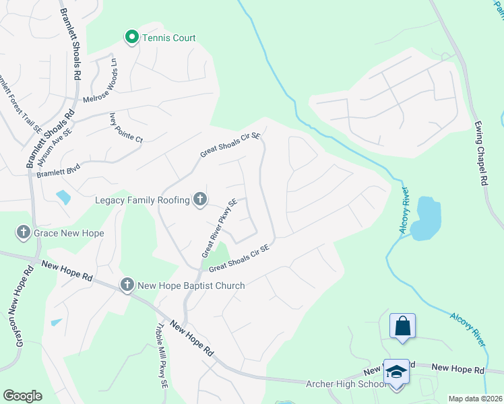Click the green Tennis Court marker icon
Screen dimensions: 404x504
coord(132,37)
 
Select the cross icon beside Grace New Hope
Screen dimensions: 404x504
coord(23,233)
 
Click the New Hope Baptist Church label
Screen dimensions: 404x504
coord(191,285)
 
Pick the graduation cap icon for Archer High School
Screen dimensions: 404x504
coord(397,372)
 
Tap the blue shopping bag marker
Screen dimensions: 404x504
coord(402,326)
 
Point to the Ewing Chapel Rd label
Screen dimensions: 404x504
coord(480,154)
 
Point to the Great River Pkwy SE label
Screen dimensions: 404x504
coord(219,228)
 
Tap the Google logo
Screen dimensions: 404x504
coord(22,395)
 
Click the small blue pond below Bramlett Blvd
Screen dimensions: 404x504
coord(63,197)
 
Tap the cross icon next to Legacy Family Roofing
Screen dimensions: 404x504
coord(199,199)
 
